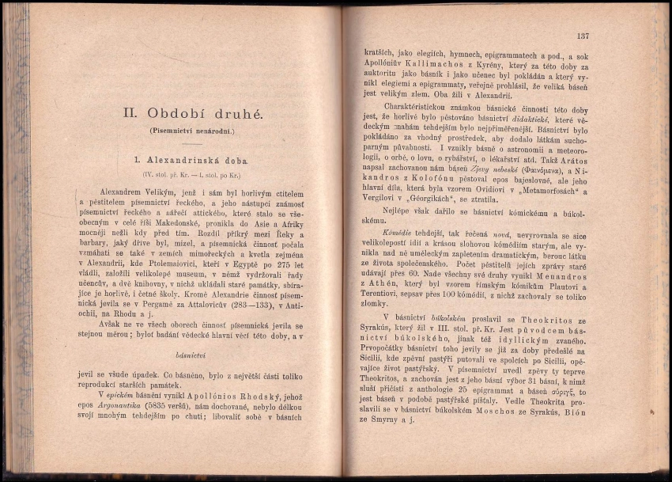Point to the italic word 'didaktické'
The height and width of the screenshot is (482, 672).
point(538,117)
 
